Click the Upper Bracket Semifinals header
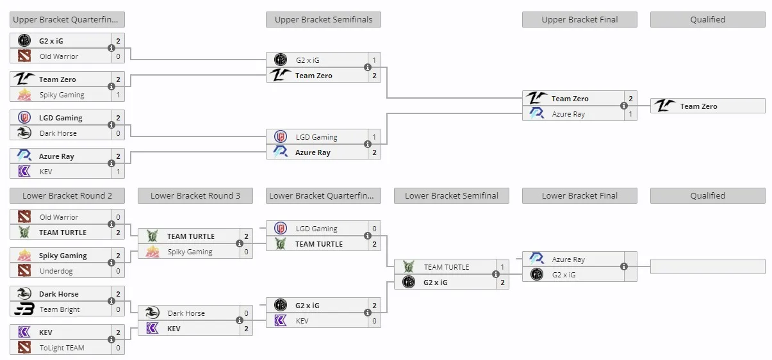(x=324, y=20)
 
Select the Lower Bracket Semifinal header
(x=452, y=195)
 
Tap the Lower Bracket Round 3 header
(x=195, y=195)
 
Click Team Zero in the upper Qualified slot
(x=698, y=106)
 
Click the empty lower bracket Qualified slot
(x=707, y=266)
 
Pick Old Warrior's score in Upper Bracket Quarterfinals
(x=118, y=56)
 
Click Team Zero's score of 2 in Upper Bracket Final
(x=630, y=99)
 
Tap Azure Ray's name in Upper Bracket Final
(x=568, y=114)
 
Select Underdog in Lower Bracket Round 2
(x=56, y=271)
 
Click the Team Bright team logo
(x=24, y=309)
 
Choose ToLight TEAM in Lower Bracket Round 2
(x=62, y=348)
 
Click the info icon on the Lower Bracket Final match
(x=624, y=266)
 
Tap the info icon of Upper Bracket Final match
(x=624, y=106)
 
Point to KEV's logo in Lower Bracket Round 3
(x=152, y=329)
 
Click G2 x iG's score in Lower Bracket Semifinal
(x=502, y=282)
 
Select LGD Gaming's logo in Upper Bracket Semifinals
(x=280, y=137)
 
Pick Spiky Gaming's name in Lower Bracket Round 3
(x=190, y=252)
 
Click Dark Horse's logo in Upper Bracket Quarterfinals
(x=24, y=133)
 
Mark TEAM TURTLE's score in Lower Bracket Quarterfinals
(x=374, y=244)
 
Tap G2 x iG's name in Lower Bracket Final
(x=564, y=275)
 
